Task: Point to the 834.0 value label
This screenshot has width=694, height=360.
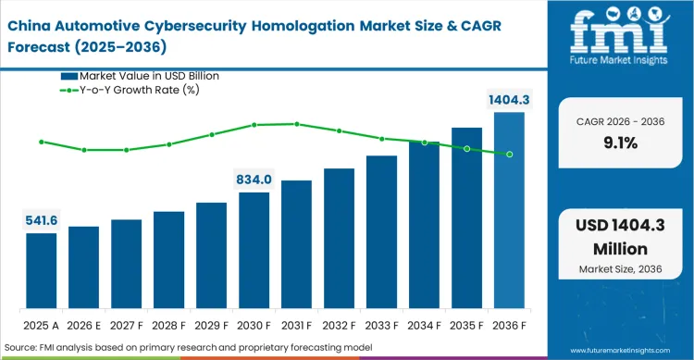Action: (x=254, y=180)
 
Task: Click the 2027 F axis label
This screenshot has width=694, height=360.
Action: (x=126, y=326)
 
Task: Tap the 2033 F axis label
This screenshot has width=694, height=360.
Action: (x=381, y=326)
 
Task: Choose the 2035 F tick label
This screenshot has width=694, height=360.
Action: (x=466, y=326)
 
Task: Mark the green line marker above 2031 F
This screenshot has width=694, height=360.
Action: (x=296, y=123)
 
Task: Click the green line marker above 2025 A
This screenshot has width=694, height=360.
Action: (x=41, y=142)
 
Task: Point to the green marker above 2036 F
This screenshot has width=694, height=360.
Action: (x=509, y=154)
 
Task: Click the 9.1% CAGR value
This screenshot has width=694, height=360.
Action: (x=620, y=143)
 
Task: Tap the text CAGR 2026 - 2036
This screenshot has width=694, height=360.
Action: (x=620, y=120)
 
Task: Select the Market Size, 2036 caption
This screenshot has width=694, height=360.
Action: (x=620, y=270)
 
